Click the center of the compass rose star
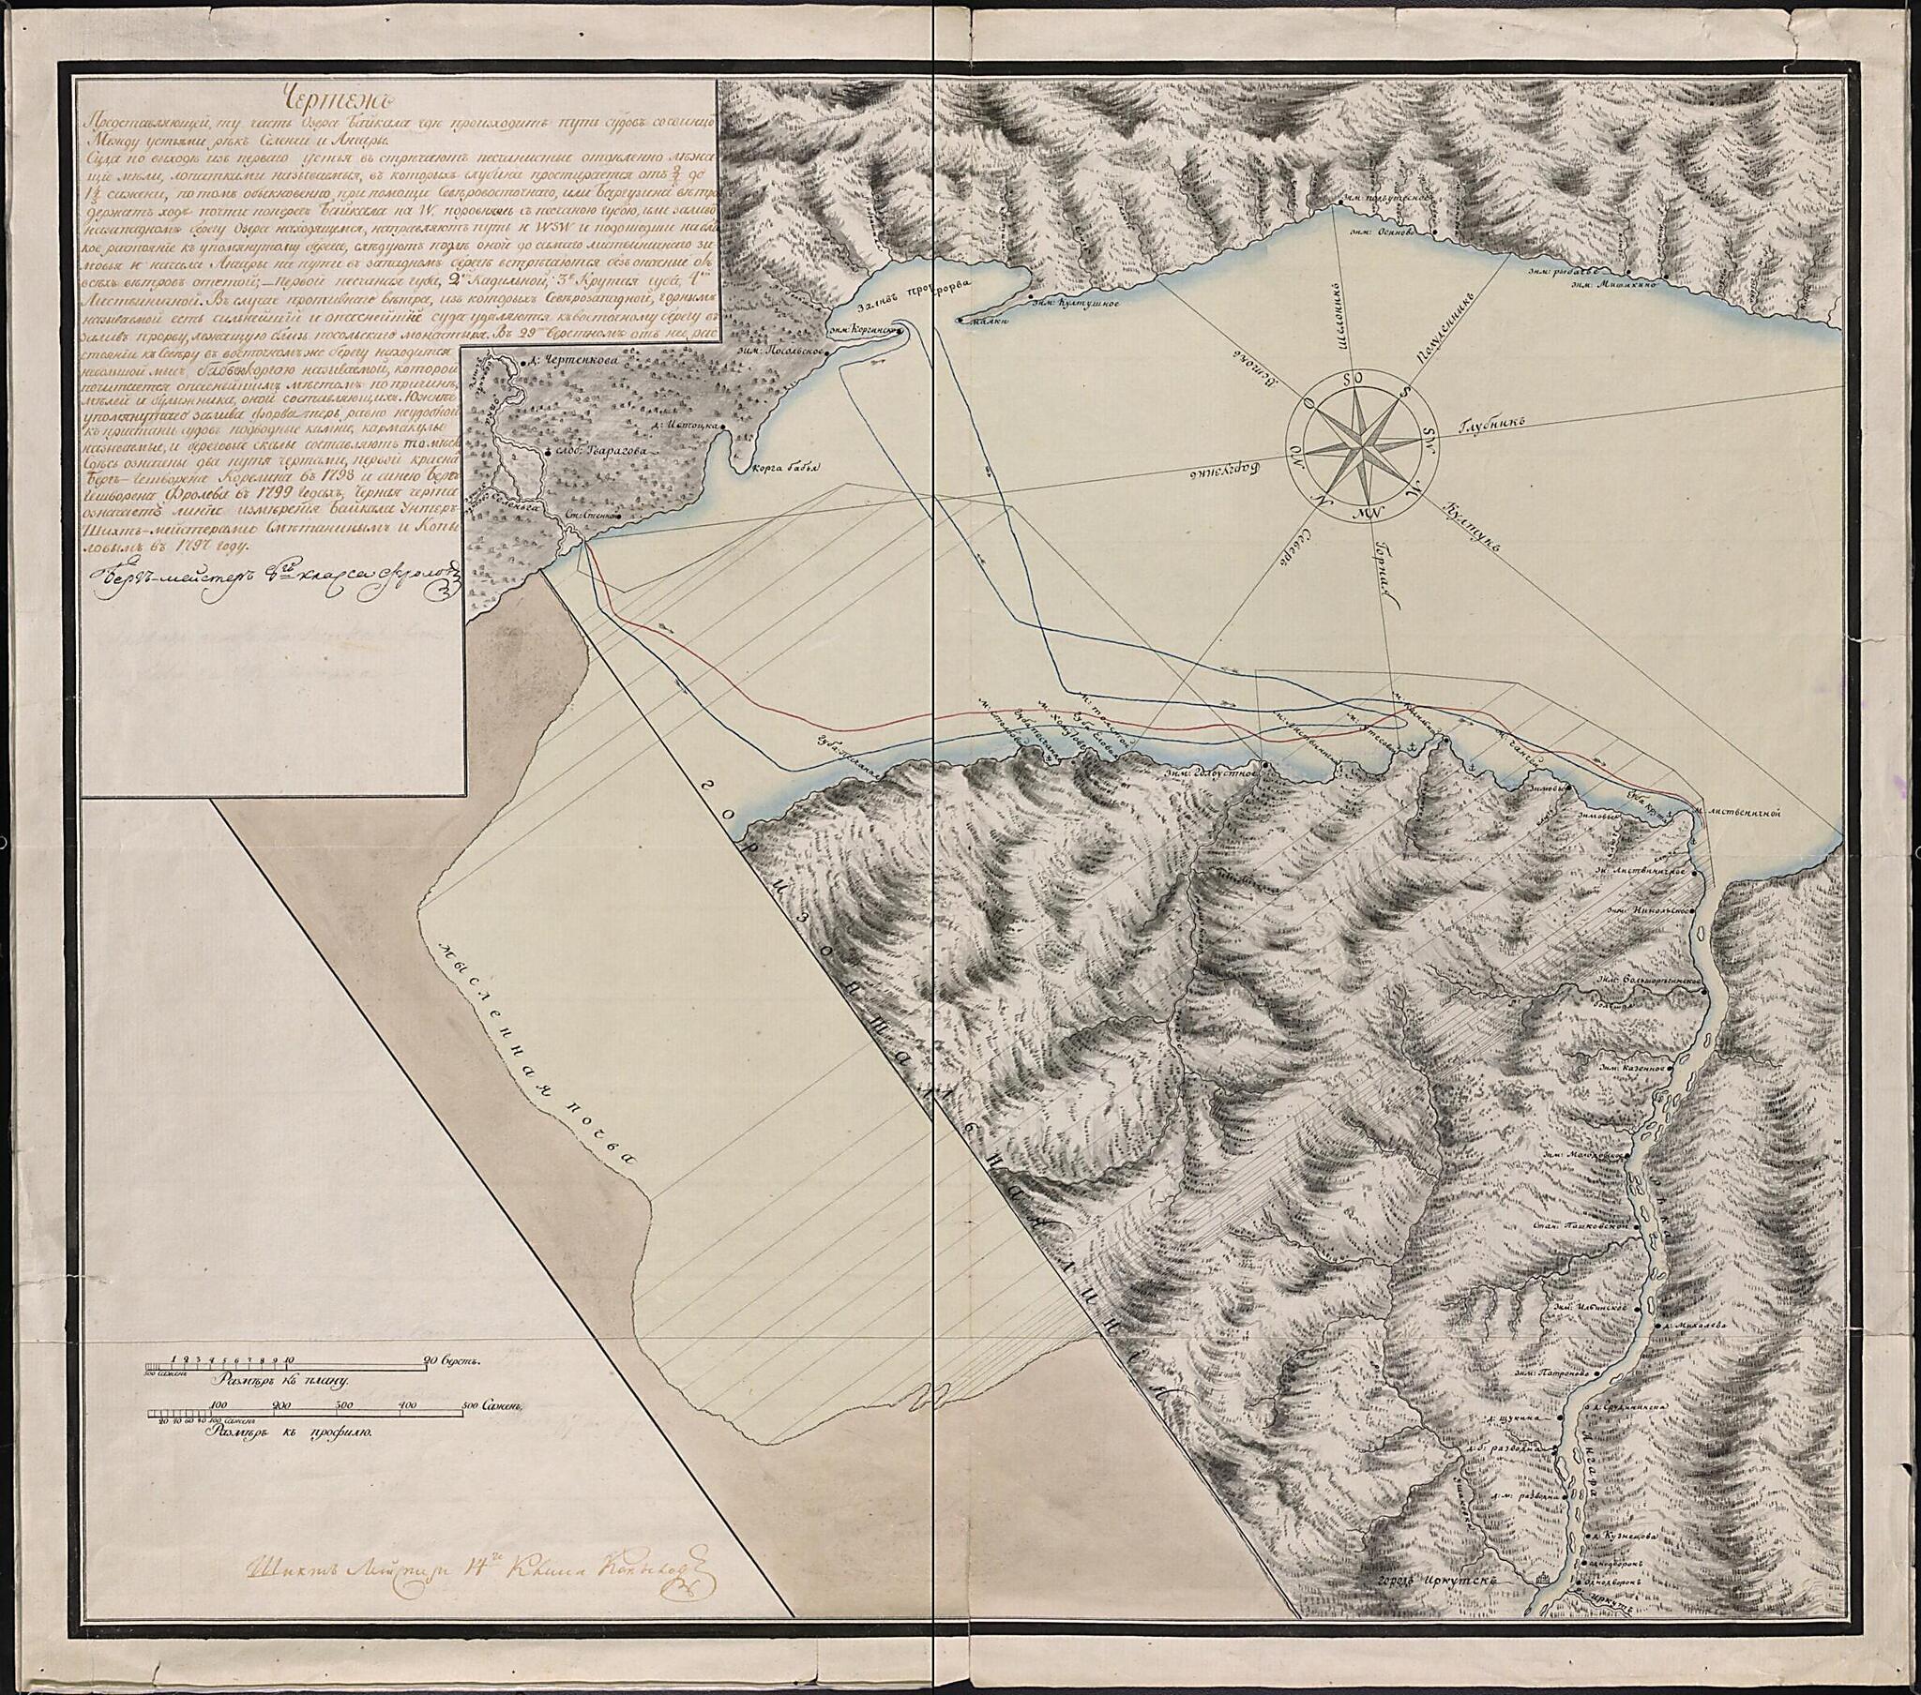pyautogui.click(x=1360, y=441)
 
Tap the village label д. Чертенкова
pyautogui.click(x=564, y=357)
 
